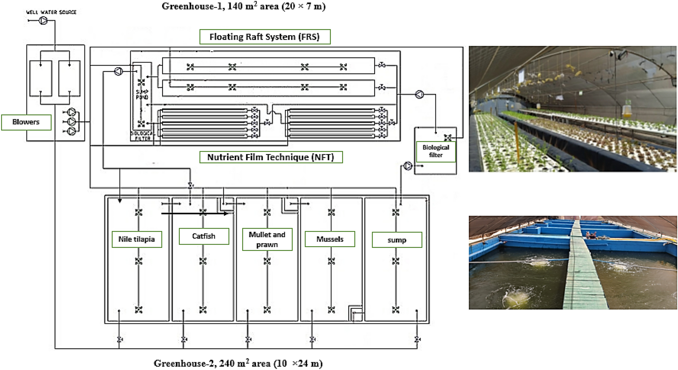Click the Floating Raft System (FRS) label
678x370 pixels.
265,37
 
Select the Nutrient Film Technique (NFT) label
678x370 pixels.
271,157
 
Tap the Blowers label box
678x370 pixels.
26,122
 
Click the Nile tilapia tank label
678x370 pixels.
136,239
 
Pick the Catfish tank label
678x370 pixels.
204,236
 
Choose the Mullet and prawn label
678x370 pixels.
267,239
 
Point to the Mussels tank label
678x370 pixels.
330,239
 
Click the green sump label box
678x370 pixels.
397,240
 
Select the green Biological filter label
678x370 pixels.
435,151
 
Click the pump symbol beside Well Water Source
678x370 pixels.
43,21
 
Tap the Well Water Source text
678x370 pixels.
51,12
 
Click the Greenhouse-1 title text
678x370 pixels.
243,6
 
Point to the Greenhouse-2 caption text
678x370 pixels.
238,363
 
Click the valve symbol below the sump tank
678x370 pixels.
418,339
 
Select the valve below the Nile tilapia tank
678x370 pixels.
119,339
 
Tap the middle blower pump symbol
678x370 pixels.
72,121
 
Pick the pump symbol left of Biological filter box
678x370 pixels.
408,166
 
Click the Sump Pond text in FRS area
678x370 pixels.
142,94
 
